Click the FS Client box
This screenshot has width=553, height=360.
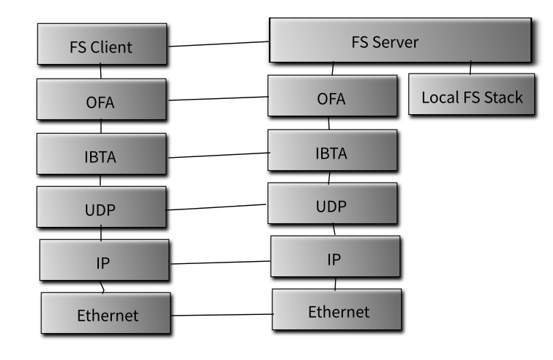pos(102,44)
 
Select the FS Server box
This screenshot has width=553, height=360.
pos(400,40)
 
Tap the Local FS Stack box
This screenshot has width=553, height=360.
pos(472,95)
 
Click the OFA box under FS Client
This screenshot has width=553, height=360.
pos(101,99)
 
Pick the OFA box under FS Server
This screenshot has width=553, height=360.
pos(332,96)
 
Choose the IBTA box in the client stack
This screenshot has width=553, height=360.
pos(101,154)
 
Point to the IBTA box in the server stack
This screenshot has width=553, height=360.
pos(332,151)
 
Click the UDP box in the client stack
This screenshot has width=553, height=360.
pos(101,207)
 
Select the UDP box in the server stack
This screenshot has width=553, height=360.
pos(332,204)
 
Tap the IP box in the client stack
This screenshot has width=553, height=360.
pos(105,260)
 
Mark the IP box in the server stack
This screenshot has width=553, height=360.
pos(336,257)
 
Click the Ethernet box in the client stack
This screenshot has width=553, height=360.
pos(106,313)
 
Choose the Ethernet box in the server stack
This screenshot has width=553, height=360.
pos(336,310)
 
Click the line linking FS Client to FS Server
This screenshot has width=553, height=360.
pos(219,44)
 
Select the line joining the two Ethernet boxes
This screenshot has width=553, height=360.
pos(222,314)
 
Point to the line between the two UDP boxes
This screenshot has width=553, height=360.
pos(216,207)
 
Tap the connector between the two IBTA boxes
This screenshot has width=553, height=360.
pos(219,156)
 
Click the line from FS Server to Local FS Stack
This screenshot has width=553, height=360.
pos(470,68)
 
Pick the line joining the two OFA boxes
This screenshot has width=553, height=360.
pos(218,98)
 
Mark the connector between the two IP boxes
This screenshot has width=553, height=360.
pos(221,263)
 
